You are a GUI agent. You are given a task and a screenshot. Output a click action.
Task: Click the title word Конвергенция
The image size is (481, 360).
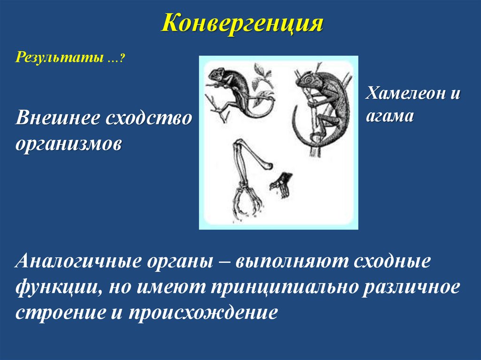coord(242,23)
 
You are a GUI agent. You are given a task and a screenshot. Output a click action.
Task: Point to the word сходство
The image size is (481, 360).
coord(148,117)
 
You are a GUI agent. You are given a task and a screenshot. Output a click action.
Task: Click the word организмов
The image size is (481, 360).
coord(69,143)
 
